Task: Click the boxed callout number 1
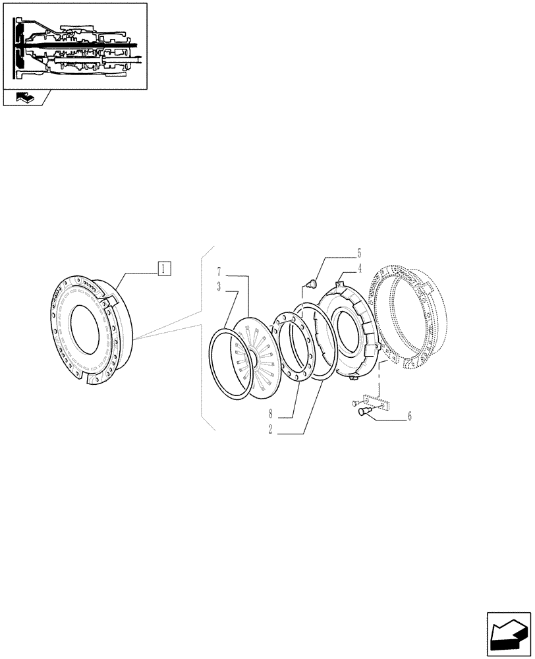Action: pos(164,268)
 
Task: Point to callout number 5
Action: pos(359,252)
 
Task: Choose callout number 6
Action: pos(409,416)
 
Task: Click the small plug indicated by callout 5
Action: pos(312,284)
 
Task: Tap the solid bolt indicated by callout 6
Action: pos(362,413)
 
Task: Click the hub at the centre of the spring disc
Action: pos(253,357)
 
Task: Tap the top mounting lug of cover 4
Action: pos(341,284)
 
